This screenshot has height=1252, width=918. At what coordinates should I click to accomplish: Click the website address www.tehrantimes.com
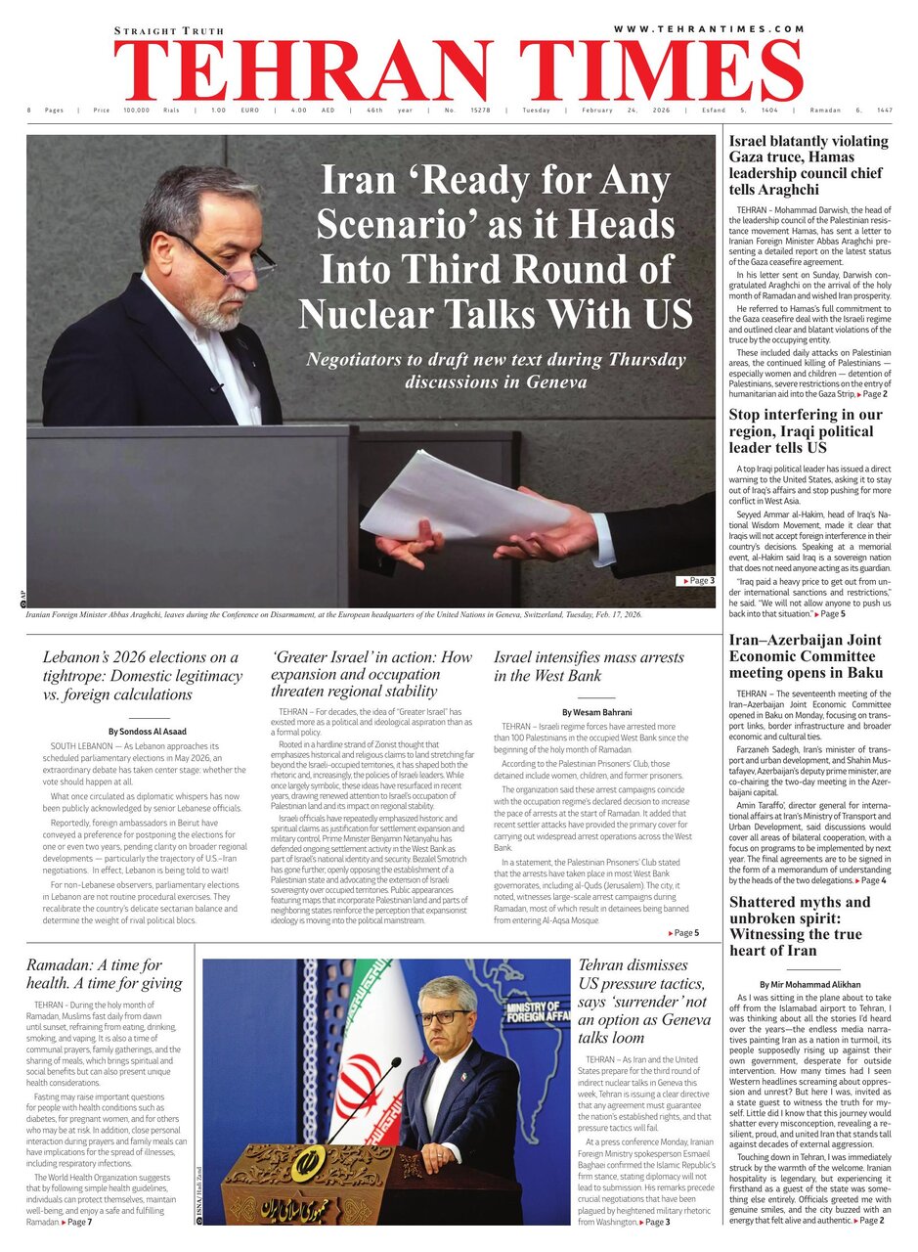(x=708, y=29)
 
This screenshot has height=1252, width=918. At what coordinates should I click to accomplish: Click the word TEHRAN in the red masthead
(x=303, y=73)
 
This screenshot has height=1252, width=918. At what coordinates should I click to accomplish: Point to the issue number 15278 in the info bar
(x=480, y=111)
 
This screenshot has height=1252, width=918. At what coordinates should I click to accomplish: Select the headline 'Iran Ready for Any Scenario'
(x=496, y=248)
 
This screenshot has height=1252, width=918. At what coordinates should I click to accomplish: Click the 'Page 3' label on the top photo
(x=696, y=581)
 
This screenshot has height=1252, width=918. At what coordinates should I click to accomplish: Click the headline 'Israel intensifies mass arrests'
(x=590, y=666)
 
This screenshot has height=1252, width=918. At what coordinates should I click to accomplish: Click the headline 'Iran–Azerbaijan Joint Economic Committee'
(x=805, y=656)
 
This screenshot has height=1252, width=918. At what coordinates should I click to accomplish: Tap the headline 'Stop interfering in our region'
(x=805, y=430)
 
